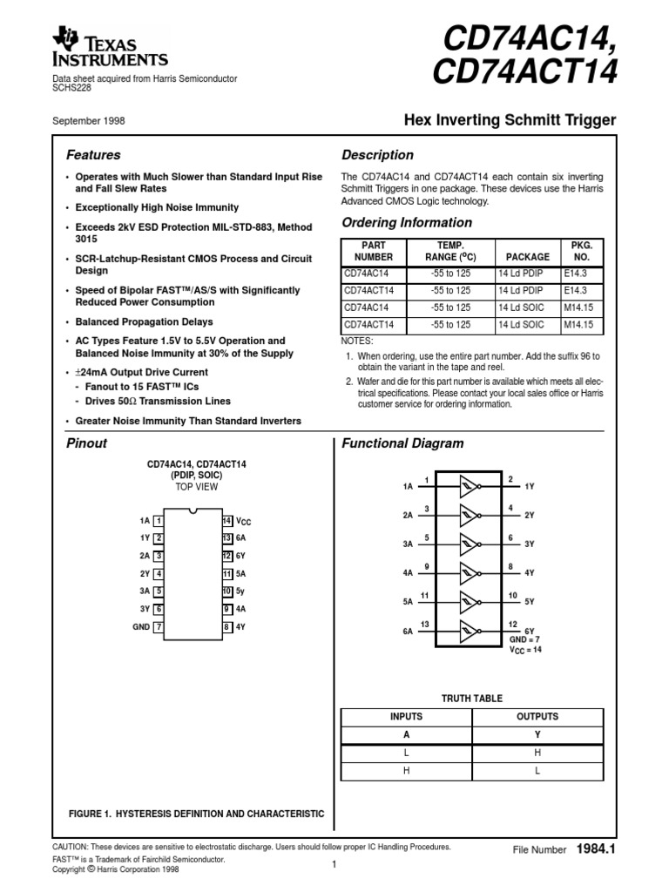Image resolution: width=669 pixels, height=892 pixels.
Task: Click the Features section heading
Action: [94, 155]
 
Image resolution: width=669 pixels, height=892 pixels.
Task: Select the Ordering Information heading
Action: [407, 223]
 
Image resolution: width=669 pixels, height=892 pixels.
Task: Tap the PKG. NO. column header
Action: [581, 251]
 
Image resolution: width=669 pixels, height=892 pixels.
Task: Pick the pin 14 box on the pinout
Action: [226, 520]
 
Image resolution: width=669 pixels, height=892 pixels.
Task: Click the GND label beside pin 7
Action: [141, 626]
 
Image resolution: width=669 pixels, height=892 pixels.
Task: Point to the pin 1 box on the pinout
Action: [159, 520]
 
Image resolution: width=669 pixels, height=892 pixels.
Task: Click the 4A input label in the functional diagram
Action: [407, 574]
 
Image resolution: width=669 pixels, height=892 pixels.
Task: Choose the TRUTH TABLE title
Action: [472, 699]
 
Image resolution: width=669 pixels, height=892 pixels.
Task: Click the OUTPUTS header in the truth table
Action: [537, 717]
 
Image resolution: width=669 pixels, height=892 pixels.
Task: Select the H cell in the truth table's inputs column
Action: [406, 771]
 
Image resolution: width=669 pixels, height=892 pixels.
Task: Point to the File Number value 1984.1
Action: [596, 848]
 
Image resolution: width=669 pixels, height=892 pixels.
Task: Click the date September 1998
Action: [89, 121]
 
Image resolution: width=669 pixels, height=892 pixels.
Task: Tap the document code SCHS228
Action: [72, 88]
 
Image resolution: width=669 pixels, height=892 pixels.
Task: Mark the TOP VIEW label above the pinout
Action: [196, 487]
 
